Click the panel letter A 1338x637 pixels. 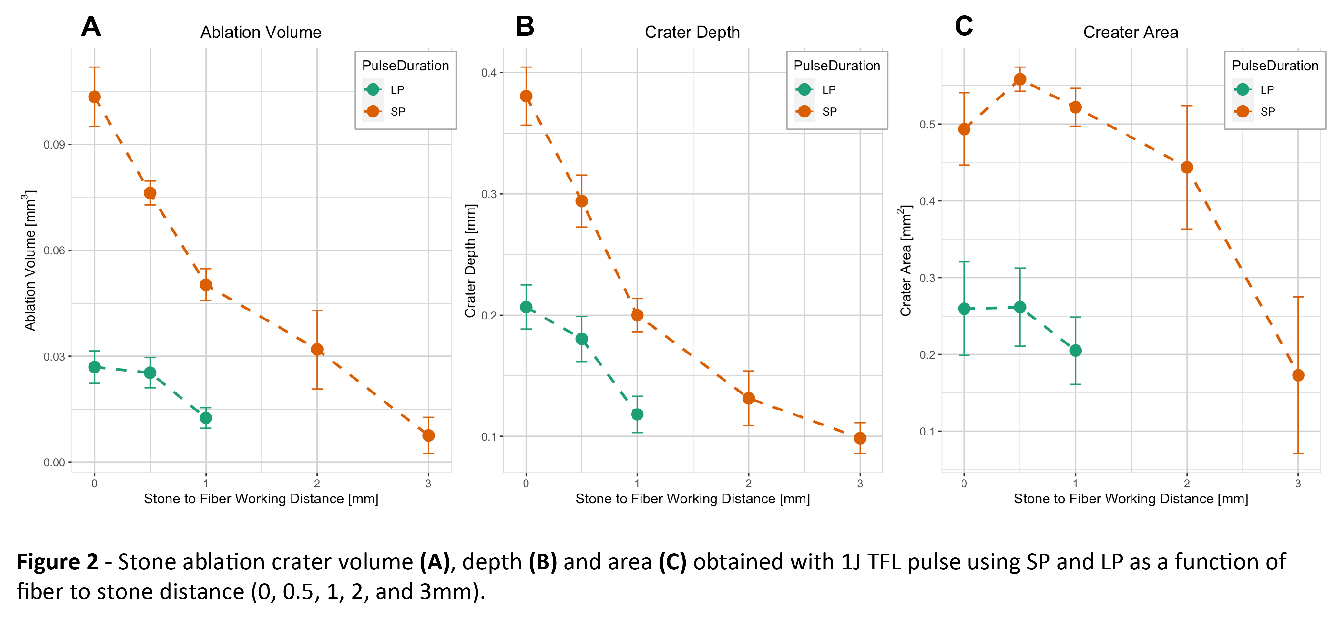tap(91, 26)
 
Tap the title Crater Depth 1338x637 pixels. tap(692, 32)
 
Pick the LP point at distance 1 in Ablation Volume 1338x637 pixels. tap(206, 418)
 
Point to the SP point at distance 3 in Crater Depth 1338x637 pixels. tap(860, 438)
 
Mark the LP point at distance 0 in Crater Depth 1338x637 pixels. tap(526, 307)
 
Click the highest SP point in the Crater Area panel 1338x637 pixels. tap(1020, 79)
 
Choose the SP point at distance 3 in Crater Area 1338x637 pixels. tap(1298, 375)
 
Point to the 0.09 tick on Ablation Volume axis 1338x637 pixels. tap(54, 145)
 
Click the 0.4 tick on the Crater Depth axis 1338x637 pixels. tap(488, 73)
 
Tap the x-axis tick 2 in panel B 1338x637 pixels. tap(748, 483)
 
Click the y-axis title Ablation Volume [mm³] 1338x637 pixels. tap(30, 260)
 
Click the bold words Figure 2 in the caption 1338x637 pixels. tap(57, 562)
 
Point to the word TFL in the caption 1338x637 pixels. tap(883, 562)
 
